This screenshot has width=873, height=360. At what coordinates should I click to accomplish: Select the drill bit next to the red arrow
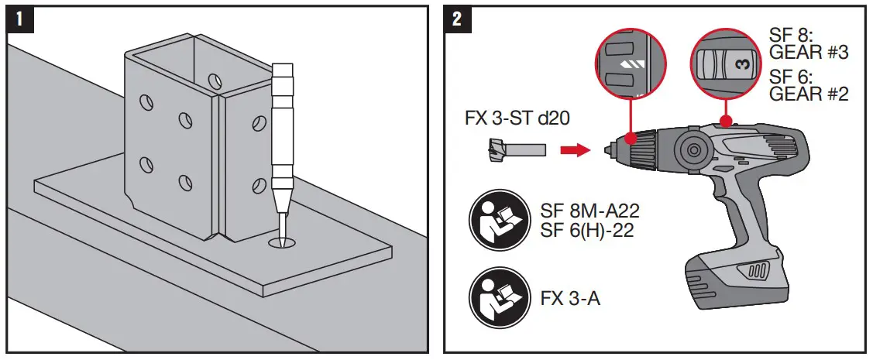pos(518,148)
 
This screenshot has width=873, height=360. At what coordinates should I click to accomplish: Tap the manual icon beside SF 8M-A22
pos(497,221)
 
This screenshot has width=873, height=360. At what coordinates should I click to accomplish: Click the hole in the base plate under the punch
pos(282,244)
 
